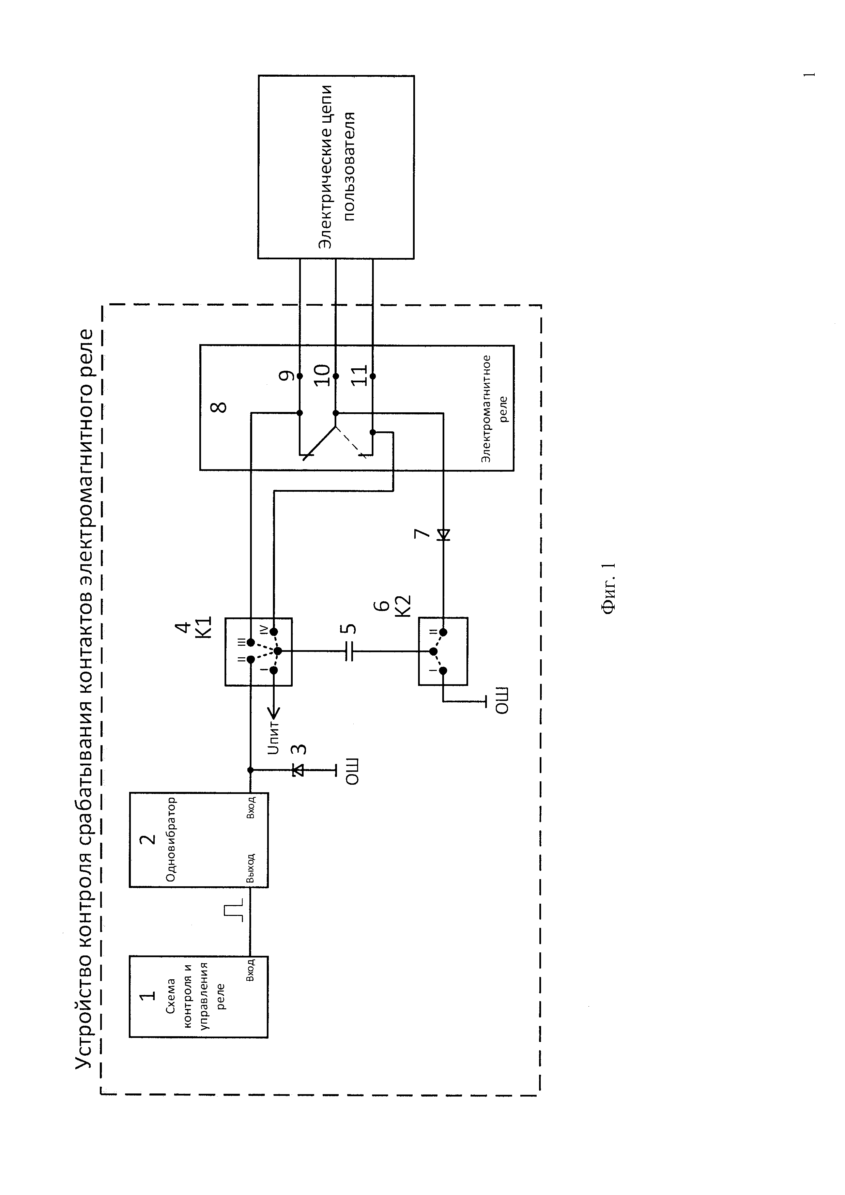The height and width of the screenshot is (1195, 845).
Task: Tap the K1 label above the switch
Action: (x=204, y=627)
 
